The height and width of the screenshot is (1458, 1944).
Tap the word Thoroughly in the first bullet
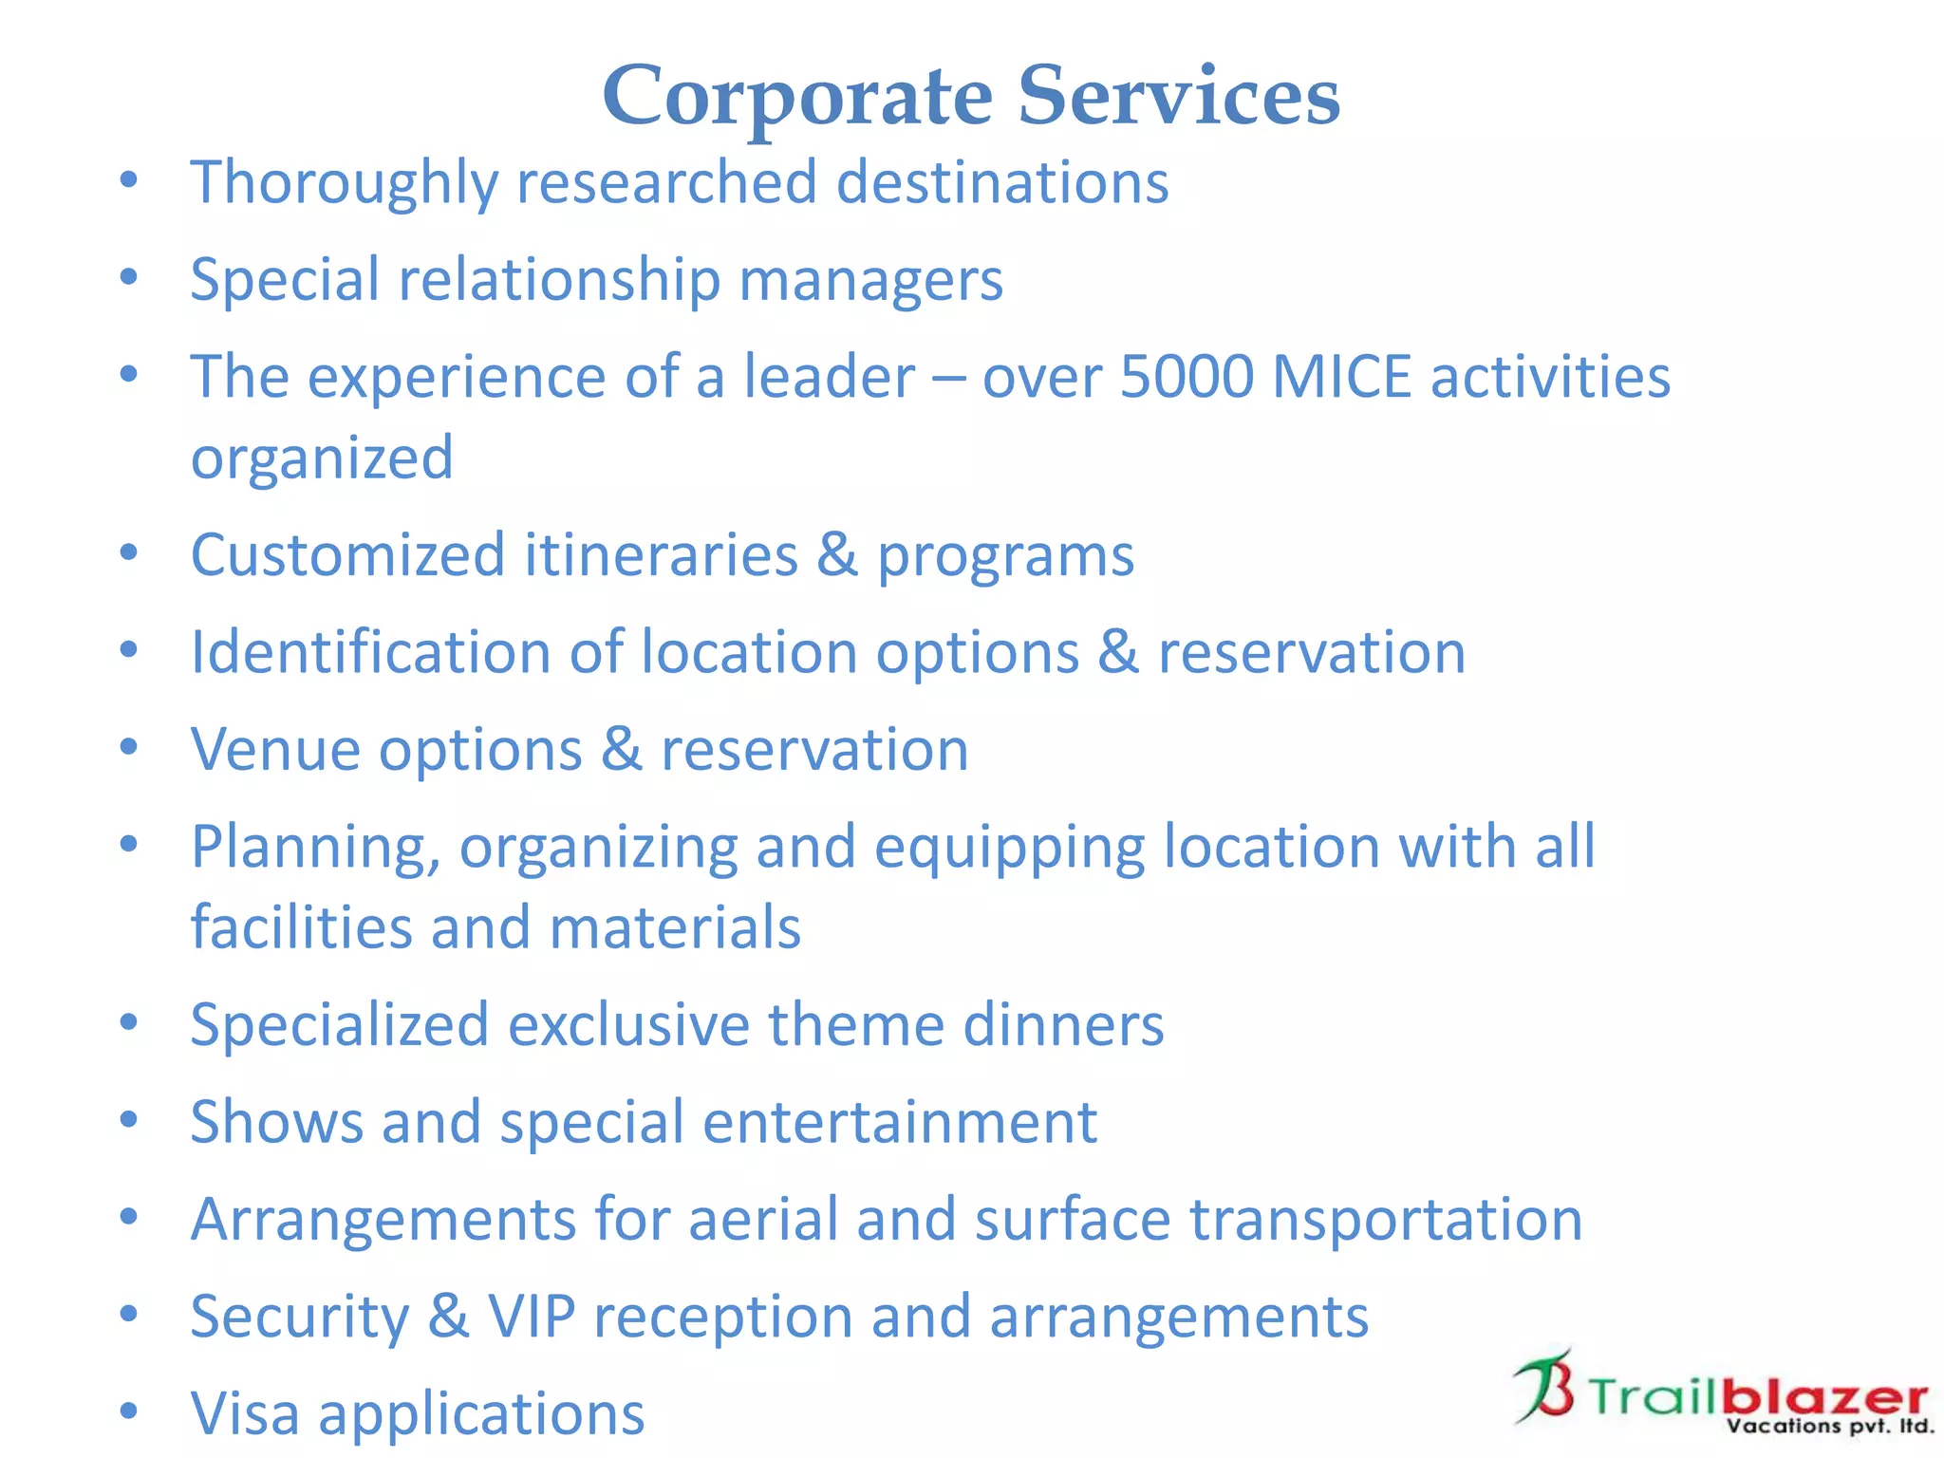344,182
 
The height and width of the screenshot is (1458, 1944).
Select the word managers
870,280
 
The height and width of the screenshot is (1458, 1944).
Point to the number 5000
1187,377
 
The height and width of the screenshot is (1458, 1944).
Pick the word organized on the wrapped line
322,458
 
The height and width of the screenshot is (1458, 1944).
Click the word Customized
347,555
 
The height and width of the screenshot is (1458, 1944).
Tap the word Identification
370,653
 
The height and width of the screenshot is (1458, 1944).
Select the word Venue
275,750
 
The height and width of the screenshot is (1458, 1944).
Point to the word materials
675,927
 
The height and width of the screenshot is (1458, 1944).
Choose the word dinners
1063,1025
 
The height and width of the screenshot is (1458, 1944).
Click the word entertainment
900,1122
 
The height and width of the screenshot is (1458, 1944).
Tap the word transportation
1386,1220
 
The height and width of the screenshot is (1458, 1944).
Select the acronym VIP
532,1317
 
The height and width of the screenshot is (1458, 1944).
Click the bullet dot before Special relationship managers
129,277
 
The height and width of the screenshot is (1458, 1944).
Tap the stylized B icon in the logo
1543,1388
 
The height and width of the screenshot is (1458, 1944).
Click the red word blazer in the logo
1824,1397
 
